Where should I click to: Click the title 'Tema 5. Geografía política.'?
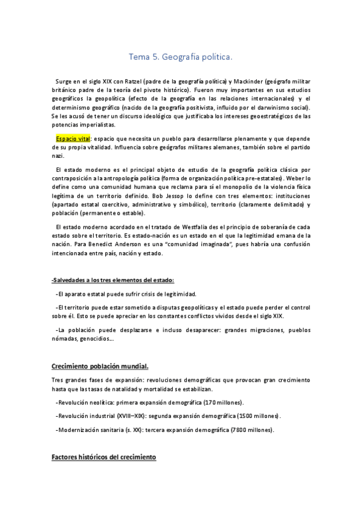(x=181, y=57)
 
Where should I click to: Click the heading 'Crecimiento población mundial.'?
(x=101, y=367)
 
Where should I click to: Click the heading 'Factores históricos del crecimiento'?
(x=103, y=457)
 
